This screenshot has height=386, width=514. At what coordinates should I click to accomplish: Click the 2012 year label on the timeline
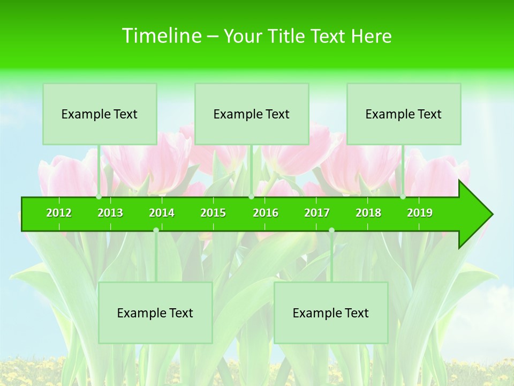[x=59, y=213]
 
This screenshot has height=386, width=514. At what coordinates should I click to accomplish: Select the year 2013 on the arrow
[x=110, y=213]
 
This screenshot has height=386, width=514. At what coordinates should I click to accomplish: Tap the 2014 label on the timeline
[x=162, y=213]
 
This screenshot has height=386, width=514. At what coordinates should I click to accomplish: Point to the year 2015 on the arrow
[x=213, y=213]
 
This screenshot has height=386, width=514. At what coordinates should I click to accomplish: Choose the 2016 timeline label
[x=266, y=213]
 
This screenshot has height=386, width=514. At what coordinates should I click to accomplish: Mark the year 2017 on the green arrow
[x=317, y=213]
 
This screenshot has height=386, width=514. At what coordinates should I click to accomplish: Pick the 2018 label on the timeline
[x=368, y=213]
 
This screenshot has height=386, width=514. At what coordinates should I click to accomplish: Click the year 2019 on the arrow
[x=420, y=213]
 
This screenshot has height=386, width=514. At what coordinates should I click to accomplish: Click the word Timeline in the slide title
[x=160, y=36]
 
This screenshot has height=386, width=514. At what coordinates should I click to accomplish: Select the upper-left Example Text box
[x=100, y=114]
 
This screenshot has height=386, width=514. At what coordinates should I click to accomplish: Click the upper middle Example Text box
[x=252, y=114]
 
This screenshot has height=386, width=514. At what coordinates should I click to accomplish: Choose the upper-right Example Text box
[x=404, y=114]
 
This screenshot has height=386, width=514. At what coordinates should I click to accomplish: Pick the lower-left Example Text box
[x=155, y=313]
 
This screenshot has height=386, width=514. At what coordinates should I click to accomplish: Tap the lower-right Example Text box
[x=331, y=313]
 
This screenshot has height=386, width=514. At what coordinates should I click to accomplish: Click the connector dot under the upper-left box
[x=99, y=197]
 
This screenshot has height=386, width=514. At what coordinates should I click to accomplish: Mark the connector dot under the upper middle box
[x=251, y=197]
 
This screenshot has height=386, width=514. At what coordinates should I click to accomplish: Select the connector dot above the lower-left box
[x=156, y=230]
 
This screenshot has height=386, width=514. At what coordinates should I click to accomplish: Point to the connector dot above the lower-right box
[x=331, y=230]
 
